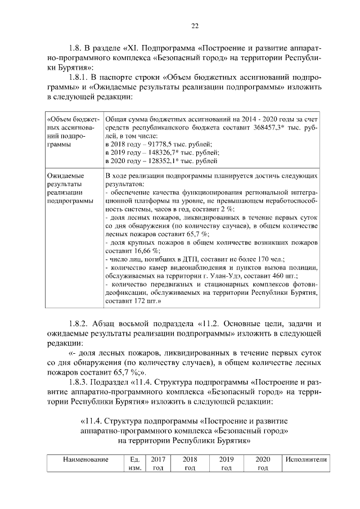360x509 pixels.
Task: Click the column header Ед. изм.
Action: click(x=134, y=463)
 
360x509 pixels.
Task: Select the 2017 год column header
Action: click(x=158, y=463)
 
